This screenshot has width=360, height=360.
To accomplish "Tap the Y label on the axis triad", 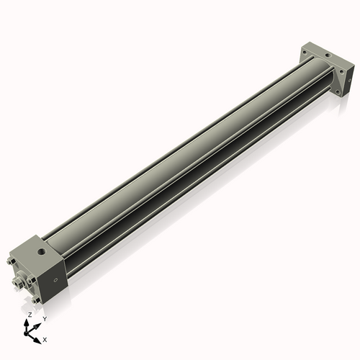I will [x=45, y=318].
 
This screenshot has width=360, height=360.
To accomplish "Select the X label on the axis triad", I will [x=45, y=338].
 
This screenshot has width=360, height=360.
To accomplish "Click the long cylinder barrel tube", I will [x=187, y=158].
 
